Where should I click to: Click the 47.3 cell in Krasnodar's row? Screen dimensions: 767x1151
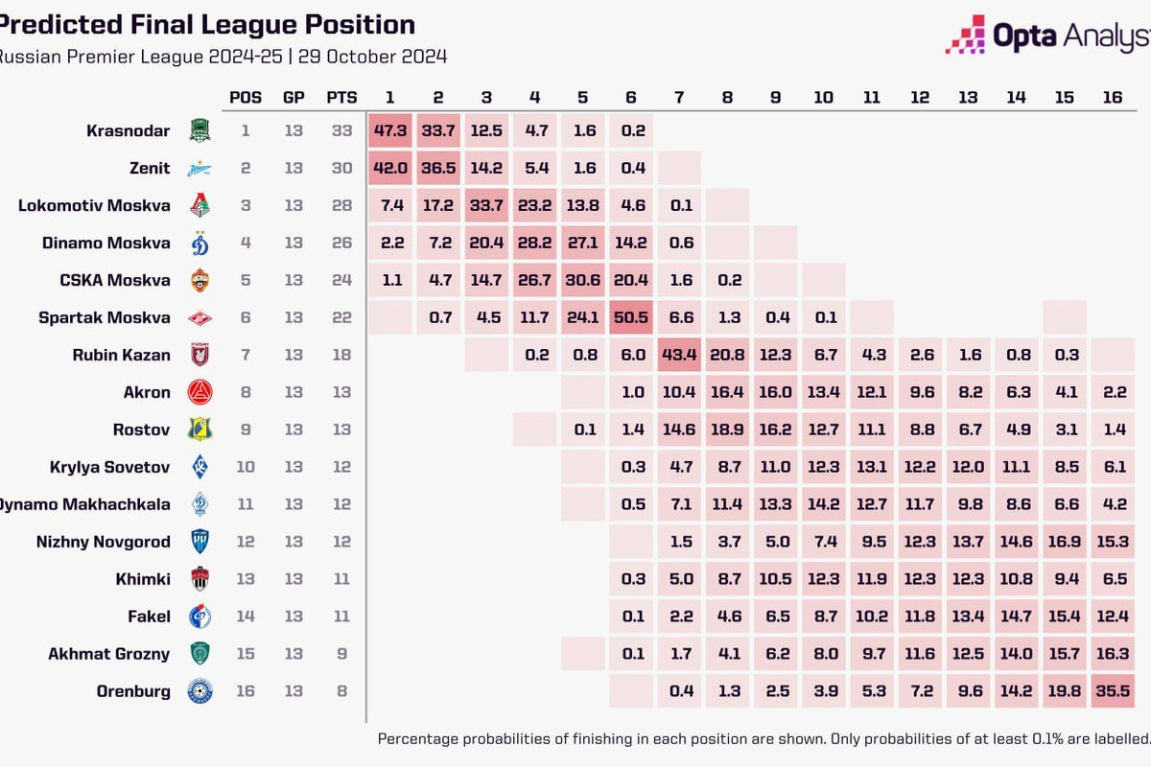click(x=390, y=130)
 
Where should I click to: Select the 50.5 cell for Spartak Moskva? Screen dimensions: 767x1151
click(x=632, y=317)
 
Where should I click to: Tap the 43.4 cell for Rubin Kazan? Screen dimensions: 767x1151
click(x=680, y=355)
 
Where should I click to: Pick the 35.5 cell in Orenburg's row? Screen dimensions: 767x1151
click(x=1113, y=691)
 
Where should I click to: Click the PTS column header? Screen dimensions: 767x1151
click(x=341, y=97)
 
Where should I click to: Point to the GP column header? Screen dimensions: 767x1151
click(x=294, y=97)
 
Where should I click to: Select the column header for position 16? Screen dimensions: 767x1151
click(x=1113, y=97)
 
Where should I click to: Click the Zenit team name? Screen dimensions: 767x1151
click(x=151, y=168)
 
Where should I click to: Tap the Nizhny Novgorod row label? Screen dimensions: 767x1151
click(x=103, y=542)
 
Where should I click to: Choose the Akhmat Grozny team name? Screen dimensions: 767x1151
click(x=109, y=654)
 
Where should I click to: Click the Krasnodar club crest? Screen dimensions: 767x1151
click(x=200, y=130)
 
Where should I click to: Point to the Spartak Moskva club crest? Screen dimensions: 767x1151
click(x=200, y=317)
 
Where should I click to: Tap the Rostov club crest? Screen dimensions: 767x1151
click(x=200, y=430)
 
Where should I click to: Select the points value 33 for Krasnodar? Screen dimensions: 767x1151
click(x=341, y=130)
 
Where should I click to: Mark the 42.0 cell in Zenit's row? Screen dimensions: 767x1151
click(x=390, y=168)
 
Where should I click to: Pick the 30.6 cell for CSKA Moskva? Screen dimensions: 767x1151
click(x=583, y=280)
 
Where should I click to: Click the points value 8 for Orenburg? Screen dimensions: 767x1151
click(x=341, y=691)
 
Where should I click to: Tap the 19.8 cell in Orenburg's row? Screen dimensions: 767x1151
click(x=1065, y=691)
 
